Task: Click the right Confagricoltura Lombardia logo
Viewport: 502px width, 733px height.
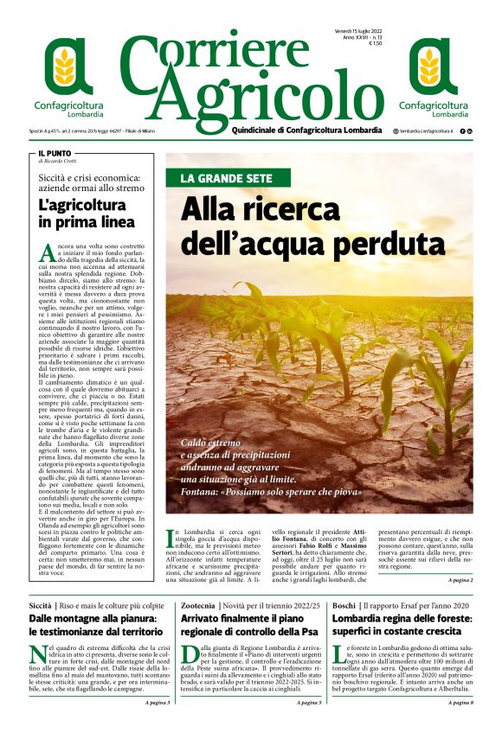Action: (x=432, y=76)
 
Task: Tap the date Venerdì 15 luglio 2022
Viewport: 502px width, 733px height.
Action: (x=359, y=31)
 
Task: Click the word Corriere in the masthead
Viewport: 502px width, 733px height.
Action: (x=229, y=58)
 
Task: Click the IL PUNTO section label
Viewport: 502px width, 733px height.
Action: (x=54, y=152)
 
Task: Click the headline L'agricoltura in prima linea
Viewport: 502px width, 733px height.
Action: (x=87, y=214)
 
